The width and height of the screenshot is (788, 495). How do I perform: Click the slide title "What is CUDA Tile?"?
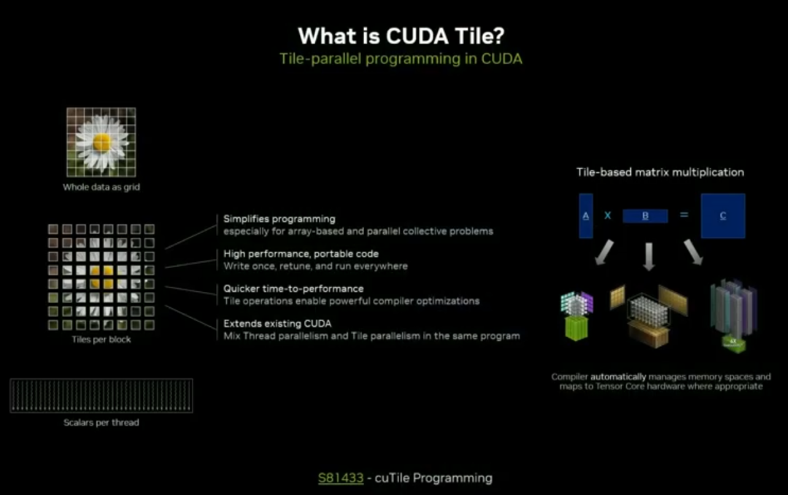click(401, 36)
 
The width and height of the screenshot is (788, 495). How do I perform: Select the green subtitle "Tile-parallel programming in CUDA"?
click(401, 59)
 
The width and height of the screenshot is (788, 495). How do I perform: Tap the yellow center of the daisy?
click(102, 142)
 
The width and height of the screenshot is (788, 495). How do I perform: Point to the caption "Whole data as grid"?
click(101, 188)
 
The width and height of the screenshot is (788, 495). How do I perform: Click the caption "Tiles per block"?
click(101, 339)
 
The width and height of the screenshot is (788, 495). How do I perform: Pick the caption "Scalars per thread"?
click(101, 422)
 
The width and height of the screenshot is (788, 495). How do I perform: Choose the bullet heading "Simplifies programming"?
click(279, 218)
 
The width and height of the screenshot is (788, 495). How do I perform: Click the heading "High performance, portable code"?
click(301, 253)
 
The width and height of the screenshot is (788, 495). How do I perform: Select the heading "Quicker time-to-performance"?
click(293, 288)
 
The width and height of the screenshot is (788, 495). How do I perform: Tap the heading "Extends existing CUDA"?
click(277, 323)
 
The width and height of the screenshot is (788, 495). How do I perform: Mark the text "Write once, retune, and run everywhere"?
click(315, 266)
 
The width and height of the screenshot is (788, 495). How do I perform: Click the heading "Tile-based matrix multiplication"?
click(660, 172)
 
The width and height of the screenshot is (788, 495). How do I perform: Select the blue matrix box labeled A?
click(586, 215)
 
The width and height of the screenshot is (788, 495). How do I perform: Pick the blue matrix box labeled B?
click(645, 216)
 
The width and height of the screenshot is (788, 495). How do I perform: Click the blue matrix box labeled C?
click(722, 215)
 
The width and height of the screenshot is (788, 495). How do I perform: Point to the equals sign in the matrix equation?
click(684, 215)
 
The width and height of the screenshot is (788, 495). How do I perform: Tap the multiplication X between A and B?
click(606, 215)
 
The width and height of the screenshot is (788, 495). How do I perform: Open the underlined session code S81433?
click(341, 478)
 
